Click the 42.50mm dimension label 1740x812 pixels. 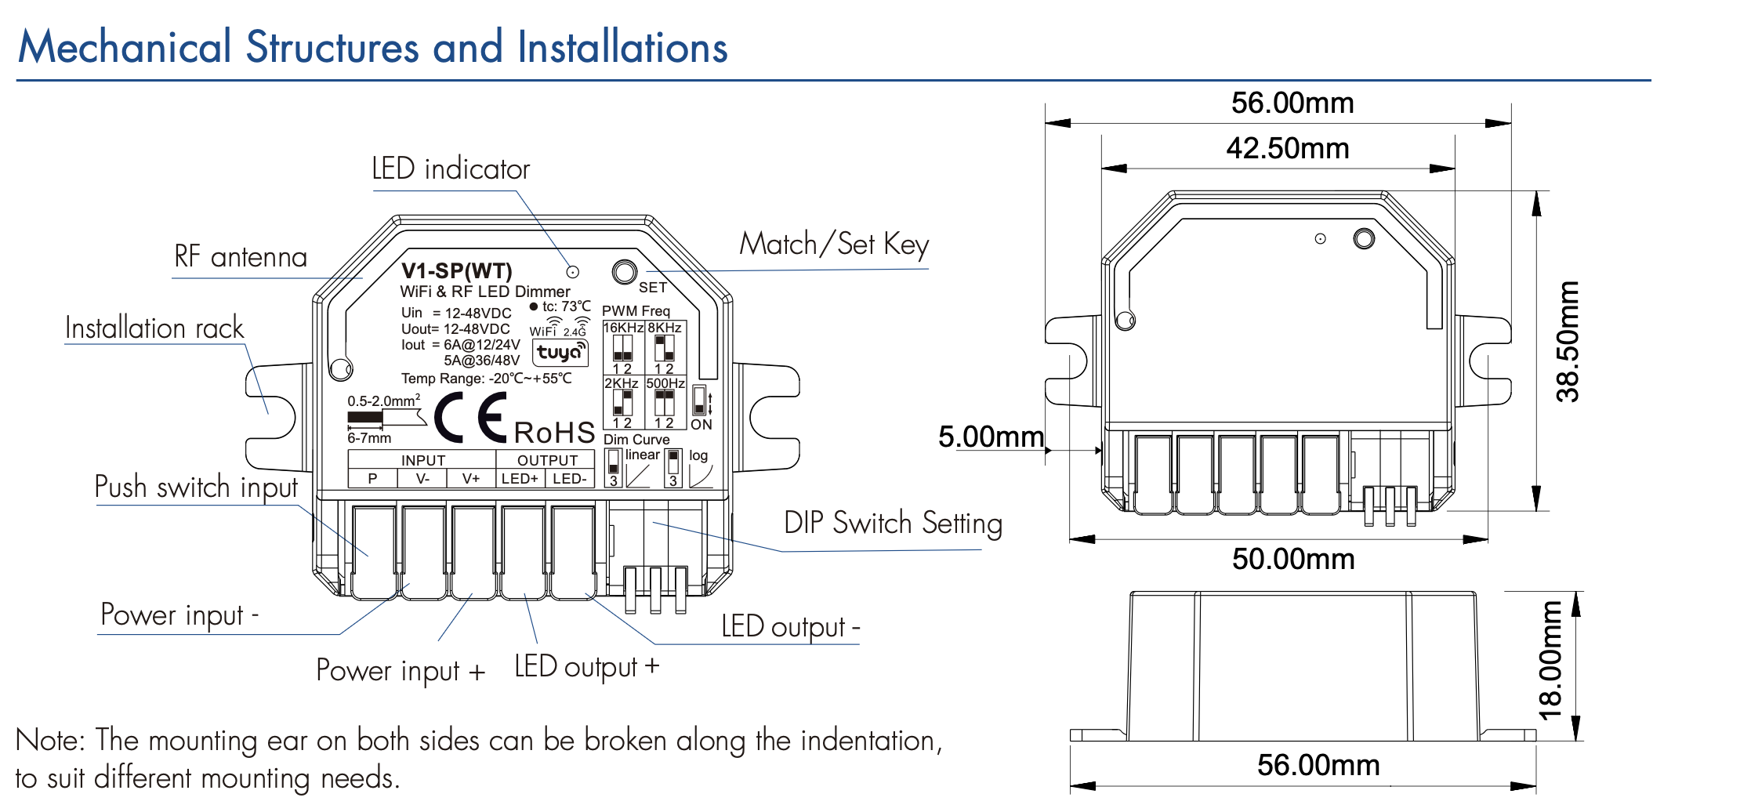pyautogui.click(x=1288, y=148)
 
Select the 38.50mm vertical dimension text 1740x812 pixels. pyautogui.click(x=1568, y=342)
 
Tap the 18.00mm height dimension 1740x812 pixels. pyautogui.click(x=1550, y=660)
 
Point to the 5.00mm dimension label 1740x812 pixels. pyautogui.click(x=991, y=437)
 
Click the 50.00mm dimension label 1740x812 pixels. pyautogui.click(x=1293, y=559)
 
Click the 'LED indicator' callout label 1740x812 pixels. pyautogui.click(x=451, y=169)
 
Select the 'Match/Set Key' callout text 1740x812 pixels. pyautogui.click(x=834, y=244)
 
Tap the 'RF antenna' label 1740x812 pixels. pyautogui.click(x=241, y=257)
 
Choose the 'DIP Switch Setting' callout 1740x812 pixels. pyautogui.click(x=893, y=523)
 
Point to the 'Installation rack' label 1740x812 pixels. pyautogui.click(x=154, y=328)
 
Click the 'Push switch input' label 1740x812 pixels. pyautogui.click(x=196, y=487)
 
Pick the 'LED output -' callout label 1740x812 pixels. pyautogui.click(x=790, y=627)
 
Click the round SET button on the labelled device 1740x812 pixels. pyautogui.click(x=625, y=272)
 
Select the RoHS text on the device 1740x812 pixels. pyautogui.click(x=554, y=433)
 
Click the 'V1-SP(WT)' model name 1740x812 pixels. pyautogui.click(x=456, y=271)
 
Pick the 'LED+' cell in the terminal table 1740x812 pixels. pyautogui.click(x=520, y=478)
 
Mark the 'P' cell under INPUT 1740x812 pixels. pyautogui.click(x=372, y=478)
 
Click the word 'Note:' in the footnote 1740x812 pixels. pyautogui.click(x=50, y=740)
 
